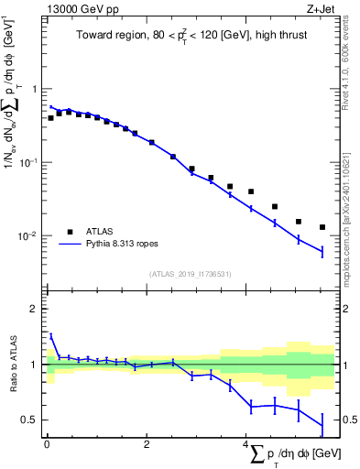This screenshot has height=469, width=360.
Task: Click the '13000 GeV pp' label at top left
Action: [73, 10]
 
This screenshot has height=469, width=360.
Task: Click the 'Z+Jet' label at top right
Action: [334, 10]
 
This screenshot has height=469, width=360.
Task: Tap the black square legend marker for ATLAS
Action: [69, 232]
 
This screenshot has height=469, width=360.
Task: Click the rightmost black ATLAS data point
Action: [322, 227]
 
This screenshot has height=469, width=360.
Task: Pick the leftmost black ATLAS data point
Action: [50, 118]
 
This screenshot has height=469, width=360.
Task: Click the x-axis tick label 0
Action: [46, 444]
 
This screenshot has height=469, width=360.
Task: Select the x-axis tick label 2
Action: [147, 444]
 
